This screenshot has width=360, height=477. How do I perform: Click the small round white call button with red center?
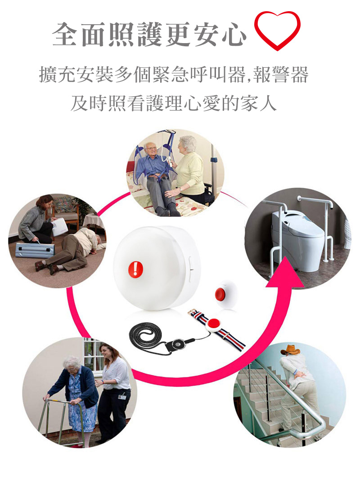pyautogui.click(x=226, y=294)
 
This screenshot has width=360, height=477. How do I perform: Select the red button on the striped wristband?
pyautogui.click(x=214, y=323)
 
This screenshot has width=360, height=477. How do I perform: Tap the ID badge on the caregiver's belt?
pyautogui.click(x=122, y=397)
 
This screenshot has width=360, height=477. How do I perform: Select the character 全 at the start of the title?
pyautogui.click(x=65, y=34)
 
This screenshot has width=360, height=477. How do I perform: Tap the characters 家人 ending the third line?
pyautogui.click(x=258, y=103)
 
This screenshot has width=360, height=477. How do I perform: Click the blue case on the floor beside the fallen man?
pyautogui.click(x=35, y=250)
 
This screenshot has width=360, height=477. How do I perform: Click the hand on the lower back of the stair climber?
pyautogui.click(x=300, y=374)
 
